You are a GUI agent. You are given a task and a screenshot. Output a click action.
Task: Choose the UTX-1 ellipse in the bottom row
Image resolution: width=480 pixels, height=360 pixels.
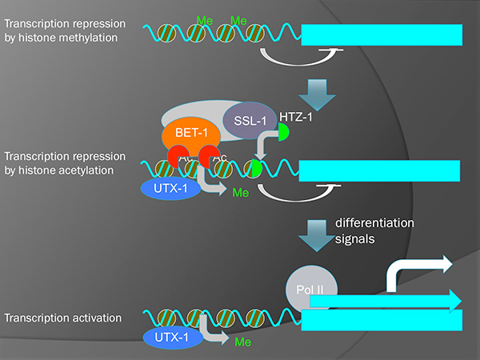pyautogui.click(x=170, y=338)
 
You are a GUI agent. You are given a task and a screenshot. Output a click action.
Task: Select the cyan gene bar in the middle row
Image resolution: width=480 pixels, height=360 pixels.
pyautogui.click(x=379, y=170)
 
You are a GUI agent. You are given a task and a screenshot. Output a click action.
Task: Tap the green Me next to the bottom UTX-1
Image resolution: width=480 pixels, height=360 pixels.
pyautogui.click(x=240, y=342)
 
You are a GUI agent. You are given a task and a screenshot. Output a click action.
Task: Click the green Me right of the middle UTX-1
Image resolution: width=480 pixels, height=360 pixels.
pyautogui.click(x=239, y=193)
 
